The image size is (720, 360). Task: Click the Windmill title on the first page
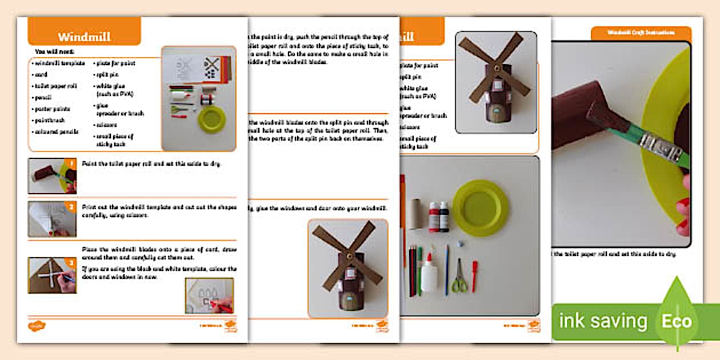tap(84, 37)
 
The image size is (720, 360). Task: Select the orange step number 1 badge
tap(72, 163)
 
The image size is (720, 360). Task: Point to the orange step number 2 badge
tap(72, 207)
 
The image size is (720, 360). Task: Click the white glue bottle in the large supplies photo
tap(429, 273)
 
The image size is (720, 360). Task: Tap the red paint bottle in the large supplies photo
tap(434, 217)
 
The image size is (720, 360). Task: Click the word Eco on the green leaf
tap(677, 321)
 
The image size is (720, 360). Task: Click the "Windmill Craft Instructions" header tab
tap(641, 33)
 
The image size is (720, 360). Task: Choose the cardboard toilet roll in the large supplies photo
tap(415, 213)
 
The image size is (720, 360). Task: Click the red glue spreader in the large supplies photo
tap(474, 276)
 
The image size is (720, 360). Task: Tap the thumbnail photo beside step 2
tap(51, 219)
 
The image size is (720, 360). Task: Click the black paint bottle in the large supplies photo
tap(444, 217)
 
